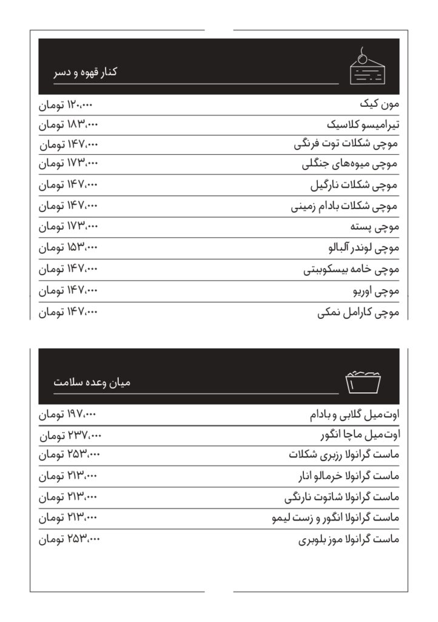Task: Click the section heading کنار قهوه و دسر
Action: [85, 72]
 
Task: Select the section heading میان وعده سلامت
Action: [92, 383]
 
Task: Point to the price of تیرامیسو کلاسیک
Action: [69, 125]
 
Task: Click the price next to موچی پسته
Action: [69, 227]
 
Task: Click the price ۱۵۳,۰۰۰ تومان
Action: [69, 248]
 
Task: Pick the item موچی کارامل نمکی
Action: [358, 313]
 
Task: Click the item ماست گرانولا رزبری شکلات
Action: [344, 456]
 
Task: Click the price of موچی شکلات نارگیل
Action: [69, 185]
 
